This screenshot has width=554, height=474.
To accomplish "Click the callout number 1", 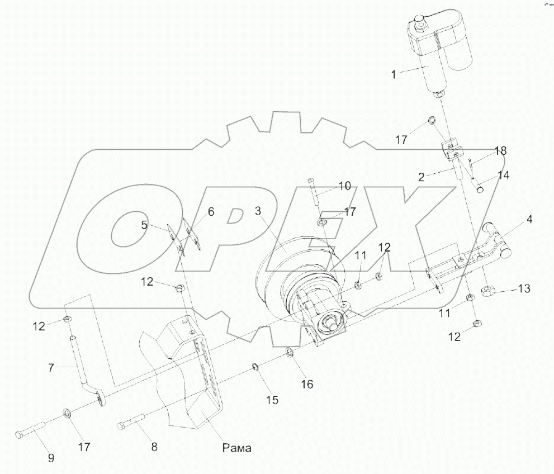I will tap(394, 74).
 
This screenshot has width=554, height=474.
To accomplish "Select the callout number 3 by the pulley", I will tap(258, 211).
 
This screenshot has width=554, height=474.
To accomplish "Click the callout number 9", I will tap(51, 458).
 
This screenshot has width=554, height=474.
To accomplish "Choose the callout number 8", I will tap(154, 447).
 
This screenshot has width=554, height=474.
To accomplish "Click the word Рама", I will tap(237, 448).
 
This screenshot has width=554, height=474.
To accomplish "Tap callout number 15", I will tap(272, 400).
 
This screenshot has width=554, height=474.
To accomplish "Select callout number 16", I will tap(307, 385).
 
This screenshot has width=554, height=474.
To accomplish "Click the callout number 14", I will tap(503, 176).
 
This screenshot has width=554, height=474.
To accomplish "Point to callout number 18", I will tap(500, 151).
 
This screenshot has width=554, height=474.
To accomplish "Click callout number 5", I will tap(144, 225).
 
